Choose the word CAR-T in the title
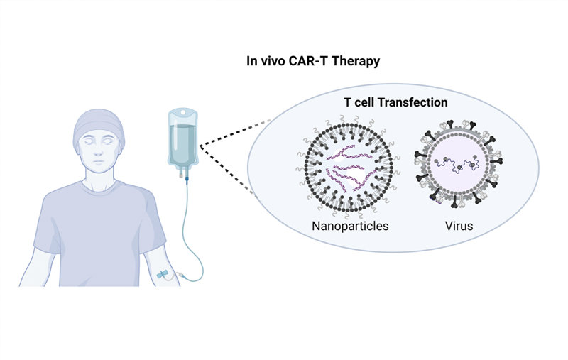[x=307, y=61]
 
